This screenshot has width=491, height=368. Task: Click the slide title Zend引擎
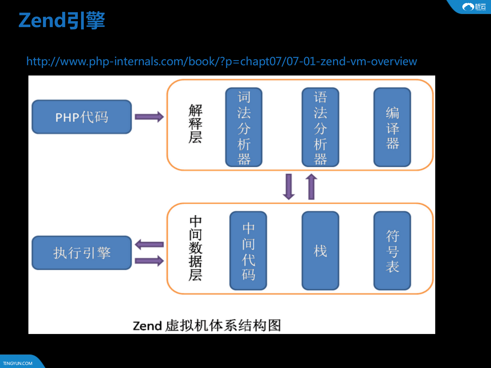[x=62, y=20]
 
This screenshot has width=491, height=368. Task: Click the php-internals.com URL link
[x=222, y=61]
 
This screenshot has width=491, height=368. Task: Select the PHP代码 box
[x=82, y=117]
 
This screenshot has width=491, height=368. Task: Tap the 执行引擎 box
[x=82, y=253]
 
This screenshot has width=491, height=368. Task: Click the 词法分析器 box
[x=244, y=127]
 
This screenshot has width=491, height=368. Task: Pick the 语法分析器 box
[x=320, y=127]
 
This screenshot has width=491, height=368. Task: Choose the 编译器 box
[x=392, y=127]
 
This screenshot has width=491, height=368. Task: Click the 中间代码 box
[x=248, y=251]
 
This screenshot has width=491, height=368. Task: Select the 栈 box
[x=320, y=251]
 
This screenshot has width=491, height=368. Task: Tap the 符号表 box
[x=392, y=251]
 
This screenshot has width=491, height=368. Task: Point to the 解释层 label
[x=195, y=124]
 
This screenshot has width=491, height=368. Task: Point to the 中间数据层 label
[x=195, y=248]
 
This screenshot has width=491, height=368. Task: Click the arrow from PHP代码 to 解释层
[x=149, y=117]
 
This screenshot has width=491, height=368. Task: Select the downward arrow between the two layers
[x=289, y=187]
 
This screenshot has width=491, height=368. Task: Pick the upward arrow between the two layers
[x=311, y=187]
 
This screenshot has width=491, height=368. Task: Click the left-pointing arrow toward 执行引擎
[x=149, y=244]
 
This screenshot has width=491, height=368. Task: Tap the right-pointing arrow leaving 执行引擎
[x=149, y=261]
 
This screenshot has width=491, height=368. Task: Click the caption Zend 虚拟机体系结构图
[x=207, y=326]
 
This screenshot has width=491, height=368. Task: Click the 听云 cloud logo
[x=473, y=7]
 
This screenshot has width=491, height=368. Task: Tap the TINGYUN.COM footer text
[x=18, y=363]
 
